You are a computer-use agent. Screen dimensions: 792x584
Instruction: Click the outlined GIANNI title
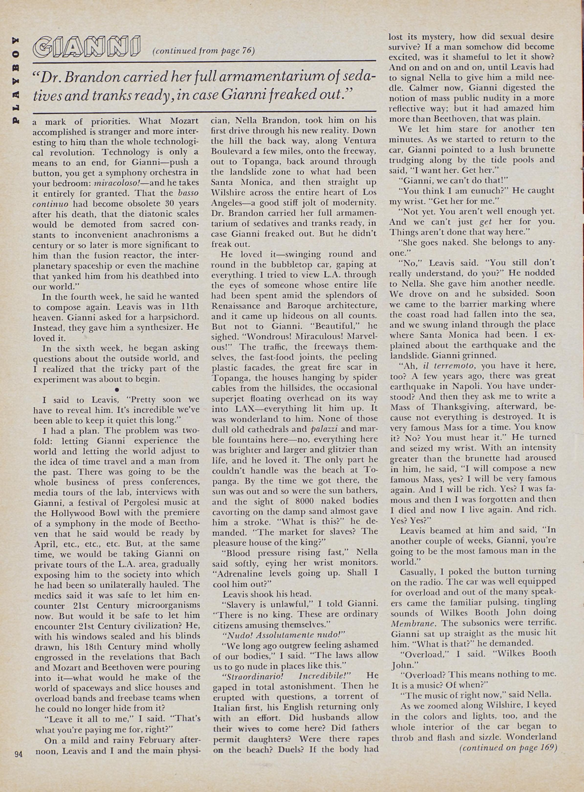(87, 47)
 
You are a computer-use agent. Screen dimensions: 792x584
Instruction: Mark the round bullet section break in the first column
(117, 389)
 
